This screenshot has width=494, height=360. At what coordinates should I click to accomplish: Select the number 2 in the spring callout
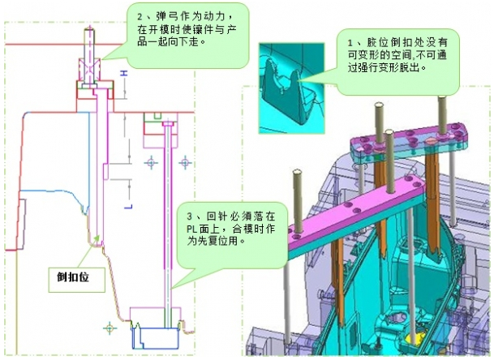point(139,16)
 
